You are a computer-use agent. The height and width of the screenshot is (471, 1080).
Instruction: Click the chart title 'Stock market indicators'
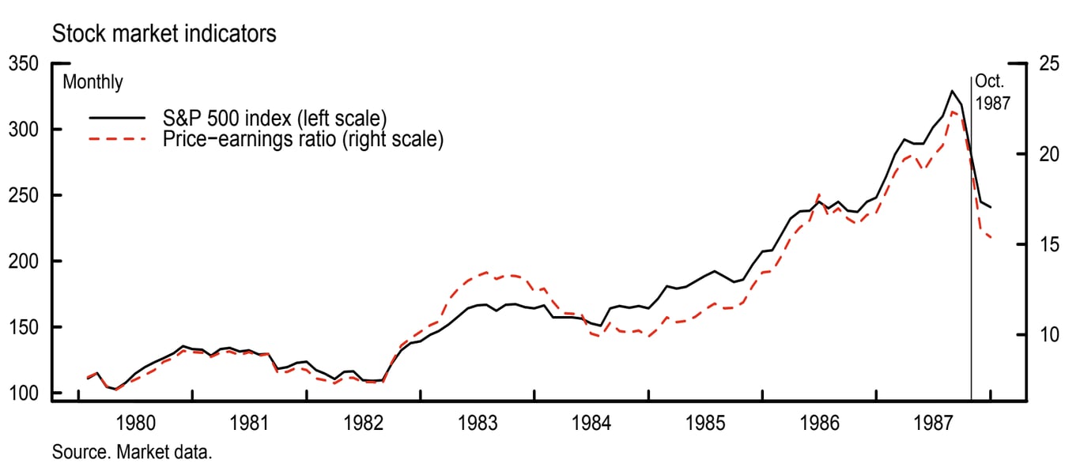pyautogui.click(x=164, y=35)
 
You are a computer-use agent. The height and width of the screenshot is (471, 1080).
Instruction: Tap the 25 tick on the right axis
pyautogui.click(x=1048, y=63)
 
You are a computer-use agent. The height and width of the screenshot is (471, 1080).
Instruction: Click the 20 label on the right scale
pyautogui.click(x=1048, y=154)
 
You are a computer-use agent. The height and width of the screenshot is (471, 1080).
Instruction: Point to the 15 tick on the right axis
pyautogui.click(x=1048, y=245)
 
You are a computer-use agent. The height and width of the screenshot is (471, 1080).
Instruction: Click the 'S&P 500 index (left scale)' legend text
pyautogui.click(x=274, y=119)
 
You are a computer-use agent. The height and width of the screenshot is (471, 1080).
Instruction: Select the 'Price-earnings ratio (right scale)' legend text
pyautogui.click(x=303, y=140)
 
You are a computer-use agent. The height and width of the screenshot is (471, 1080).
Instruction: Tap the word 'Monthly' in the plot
pyautogui.click(x=93, y=82)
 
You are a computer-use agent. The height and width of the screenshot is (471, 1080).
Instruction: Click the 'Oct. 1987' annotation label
pyautogui.click(x=992, y=91)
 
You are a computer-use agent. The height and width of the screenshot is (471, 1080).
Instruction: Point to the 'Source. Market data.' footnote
pyautogui.click(x=133, y=453)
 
